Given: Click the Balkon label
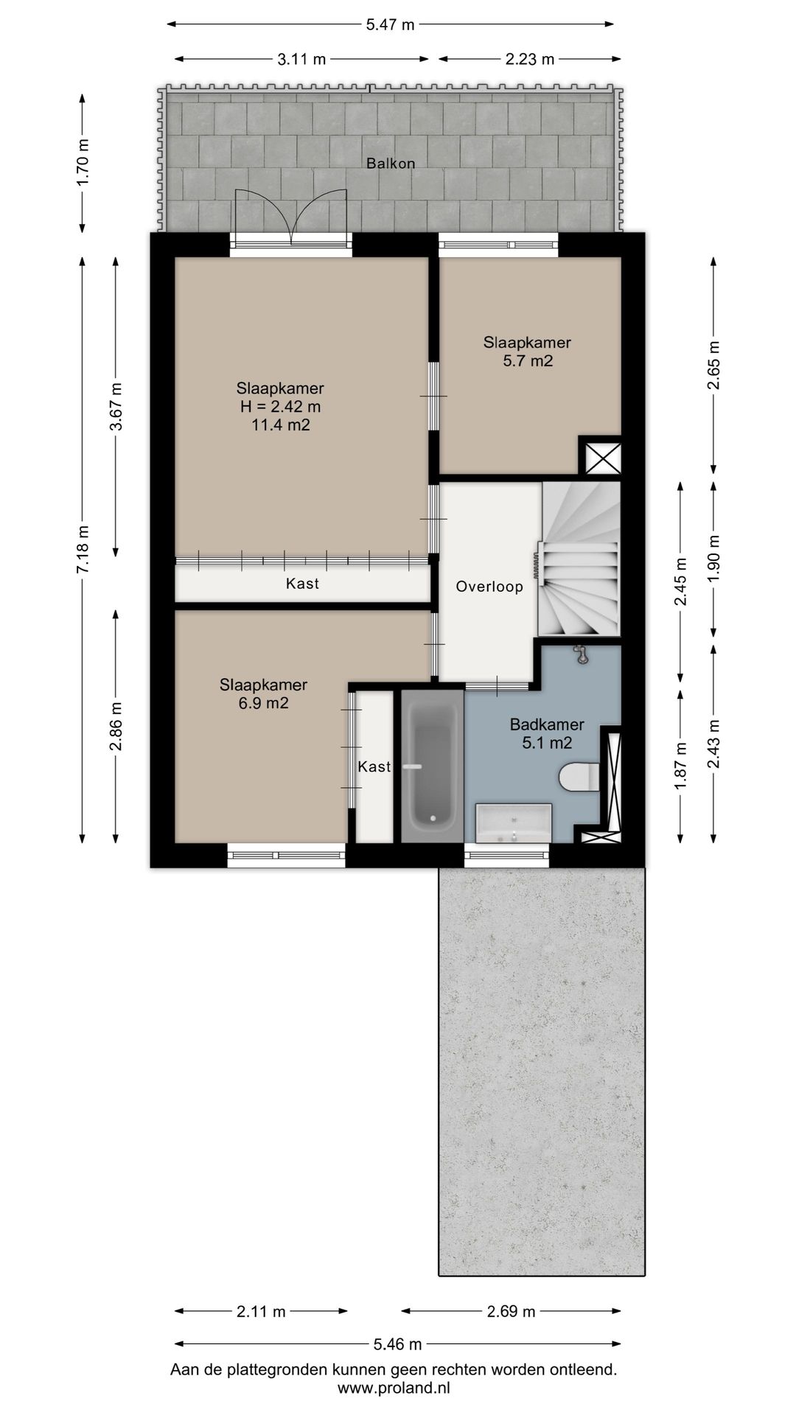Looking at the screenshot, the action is [391, 164].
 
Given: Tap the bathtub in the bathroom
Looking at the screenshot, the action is [432, 766].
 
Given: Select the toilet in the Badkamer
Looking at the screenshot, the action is [579, 776].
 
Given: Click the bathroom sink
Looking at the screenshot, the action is [514, 822].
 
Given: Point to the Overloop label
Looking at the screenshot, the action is [489, 587].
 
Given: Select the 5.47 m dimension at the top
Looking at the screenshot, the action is [391, 24].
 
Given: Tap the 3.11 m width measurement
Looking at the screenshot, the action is [301, 60].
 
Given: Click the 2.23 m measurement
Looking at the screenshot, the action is [530, 60].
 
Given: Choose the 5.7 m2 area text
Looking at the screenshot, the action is [528, 361].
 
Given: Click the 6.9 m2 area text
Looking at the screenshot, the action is [263, 703].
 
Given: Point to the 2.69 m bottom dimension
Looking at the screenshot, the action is [511, 1311].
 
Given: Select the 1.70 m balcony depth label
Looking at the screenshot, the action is [83, 163].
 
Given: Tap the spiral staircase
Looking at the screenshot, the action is [580, 559].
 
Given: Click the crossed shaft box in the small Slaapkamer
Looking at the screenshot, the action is [600, 457].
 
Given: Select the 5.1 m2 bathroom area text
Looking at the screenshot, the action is [547, 744].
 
